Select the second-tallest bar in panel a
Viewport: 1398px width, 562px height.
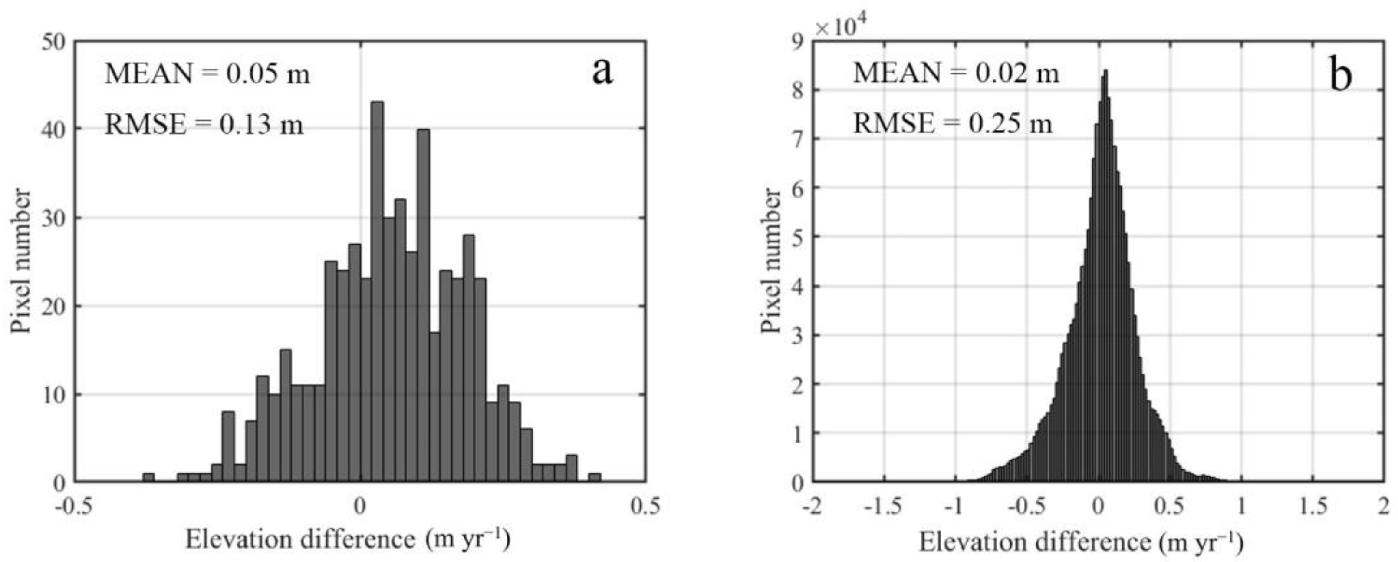423,304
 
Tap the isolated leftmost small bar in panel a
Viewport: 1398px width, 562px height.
148,477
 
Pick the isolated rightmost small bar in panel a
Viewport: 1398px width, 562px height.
594,477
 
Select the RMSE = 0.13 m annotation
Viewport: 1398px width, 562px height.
204,125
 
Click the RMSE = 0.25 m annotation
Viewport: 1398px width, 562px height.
952,123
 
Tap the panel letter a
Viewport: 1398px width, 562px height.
602,72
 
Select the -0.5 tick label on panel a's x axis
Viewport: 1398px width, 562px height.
72,506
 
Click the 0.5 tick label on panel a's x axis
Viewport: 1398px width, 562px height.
645,506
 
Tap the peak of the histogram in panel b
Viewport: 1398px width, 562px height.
1105,72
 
